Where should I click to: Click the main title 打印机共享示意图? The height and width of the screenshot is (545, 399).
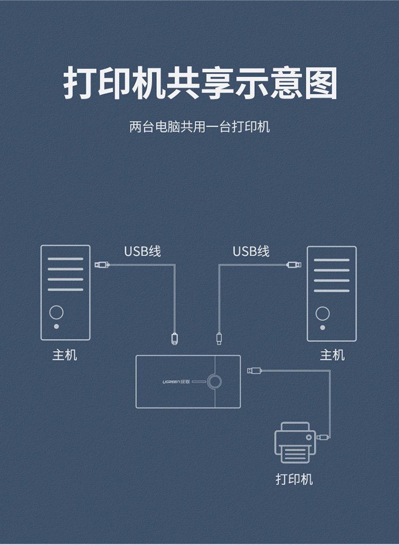pyautogui.click(x=200, y=83)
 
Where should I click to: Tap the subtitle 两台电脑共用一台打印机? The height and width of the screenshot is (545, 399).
pyautogui.click(x=199, y=127)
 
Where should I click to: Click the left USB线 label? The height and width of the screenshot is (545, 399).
pyautogui.click(x=143, y=251)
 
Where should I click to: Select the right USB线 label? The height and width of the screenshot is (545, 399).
pyautogui.click(x=251, y=251)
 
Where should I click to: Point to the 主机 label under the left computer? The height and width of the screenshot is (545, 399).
pyautogui.click(x=65, y=355)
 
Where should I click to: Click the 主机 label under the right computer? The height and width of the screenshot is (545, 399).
pyautogui.click(x=332, y=355)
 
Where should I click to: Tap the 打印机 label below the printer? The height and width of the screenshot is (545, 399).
pyautogui.click(x=294, y=478)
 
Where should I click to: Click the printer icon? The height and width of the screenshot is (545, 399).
pyautogui.click(x=294, y=442)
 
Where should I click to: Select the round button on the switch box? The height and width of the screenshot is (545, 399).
pyautogui.click(x=215, y=381)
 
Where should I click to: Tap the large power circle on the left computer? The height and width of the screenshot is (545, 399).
pyautogui.click(x=56, y=312)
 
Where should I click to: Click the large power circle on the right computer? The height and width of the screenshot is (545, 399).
pyautogui.click(x=322, y=313)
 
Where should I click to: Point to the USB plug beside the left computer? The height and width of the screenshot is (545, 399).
pyautogui.click(x=102, y=264)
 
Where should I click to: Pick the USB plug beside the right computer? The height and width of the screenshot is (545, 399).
pyautogui.click(x=293, y=264)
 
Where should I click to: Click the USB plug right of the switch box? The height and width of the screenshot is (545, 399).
pyautogui.click(x=254, y=370)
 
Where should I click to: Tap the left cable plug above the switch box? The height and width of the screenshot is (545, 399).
pyautogui.click(x=174, y=338)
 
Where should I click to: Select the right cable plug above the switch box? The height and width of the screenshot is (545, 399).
pyautogui.click(x=218, y=338)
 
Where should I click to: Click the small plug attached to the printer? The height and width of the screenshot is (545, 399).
pyautogui.click(x=323, y=437)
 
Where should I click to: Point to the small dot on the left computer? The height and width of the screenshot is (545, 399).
pyautogui.click(x=56, y=326)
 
